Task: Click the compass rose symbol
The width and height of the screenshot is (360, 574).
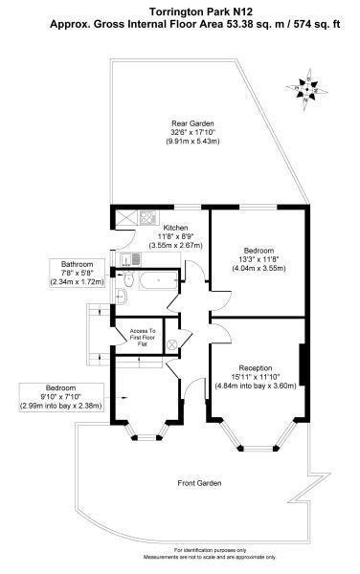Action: pos(306,89)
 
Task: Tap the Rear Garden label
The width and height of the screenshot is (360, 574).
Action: pos(192,123)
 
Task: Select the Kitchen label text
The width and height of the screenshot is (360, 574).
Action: pos(175,228)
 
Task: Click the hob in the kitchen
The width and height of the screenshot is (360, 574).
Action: pos(147,217)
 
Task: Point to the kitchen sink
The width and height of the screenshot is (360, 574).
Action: pos(131,259)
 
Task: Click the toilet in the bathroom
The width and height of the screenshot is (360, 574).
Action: pos(127,279)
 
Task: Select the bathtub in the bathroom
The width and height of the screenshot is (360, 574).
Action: pos(158,280)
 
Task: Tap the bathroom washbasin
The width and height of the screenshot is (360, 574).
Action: pos(121,297)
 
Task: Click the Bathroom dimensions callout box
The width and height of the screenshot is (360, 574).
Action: pos(77,273)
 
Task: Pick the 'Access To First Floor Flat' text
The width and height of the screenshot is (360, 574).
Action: pos(143,338)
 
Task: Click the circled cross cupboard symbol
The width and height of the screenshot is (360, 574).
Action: pos(171,344)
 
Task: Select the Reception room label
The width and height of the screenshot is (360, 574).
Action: pos(256,368)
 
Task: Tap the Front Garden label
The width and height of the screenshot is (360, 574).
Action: pos(199,483)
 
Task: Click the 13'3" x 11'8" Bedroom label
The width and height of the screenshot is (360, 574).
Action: pos(259,259)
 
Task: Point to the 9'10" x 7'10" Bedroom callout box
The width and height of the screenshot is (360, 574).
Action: pos(61,397)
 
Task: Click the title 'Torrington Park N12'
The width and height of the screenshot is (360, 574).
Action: pos(201,11)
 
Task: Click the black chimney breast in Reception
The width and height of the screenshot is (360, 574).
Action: pos(303,364)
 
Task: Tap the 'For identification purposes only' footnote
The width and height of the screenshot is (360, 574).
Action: pos(210,550)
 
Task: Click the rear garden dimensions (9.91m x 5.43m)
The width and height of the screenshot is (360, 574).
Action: pos(192,141)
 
